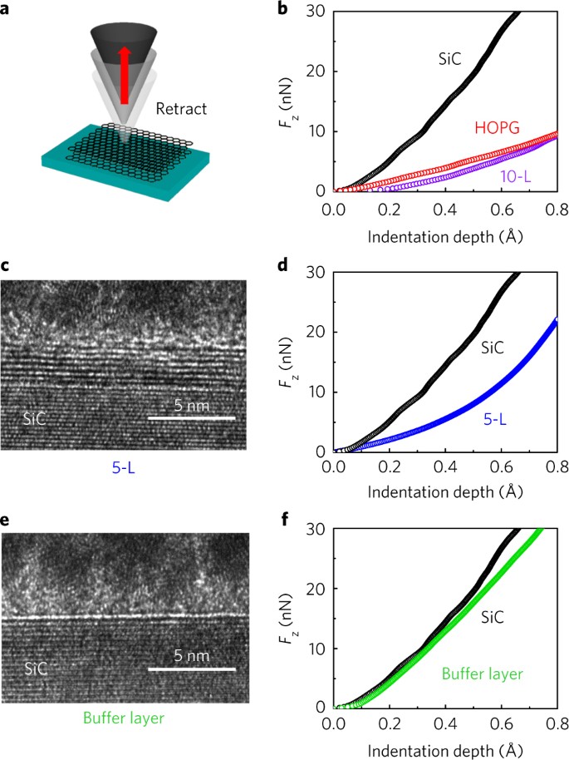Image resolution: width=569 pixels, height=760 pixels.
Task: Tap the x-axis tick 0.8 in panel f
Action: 556,726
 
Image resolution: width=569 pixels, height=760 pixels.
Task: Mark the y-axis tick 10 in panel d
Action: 316,392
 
